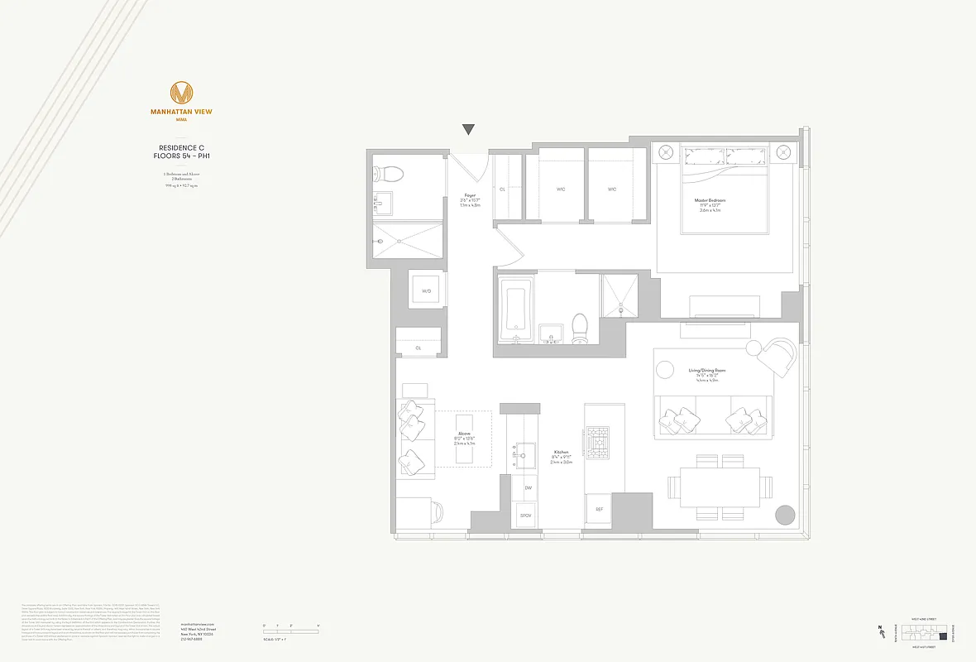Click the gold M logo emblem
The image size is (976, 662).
181,93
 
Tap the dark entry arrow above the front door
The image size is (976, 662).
469,129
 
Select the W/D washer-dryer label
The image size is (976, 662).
427,291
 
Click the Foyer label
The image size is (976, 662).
469,196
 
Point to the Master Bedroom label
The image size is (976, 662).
710,200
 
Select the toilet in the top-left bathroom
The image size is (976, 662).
389,174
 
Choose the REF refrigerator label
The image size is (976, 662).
600,509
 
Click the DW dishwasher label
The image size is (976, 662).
528,488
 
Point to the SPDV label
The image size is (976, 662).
526,515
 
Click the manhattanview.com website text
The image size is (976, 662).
197,624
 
